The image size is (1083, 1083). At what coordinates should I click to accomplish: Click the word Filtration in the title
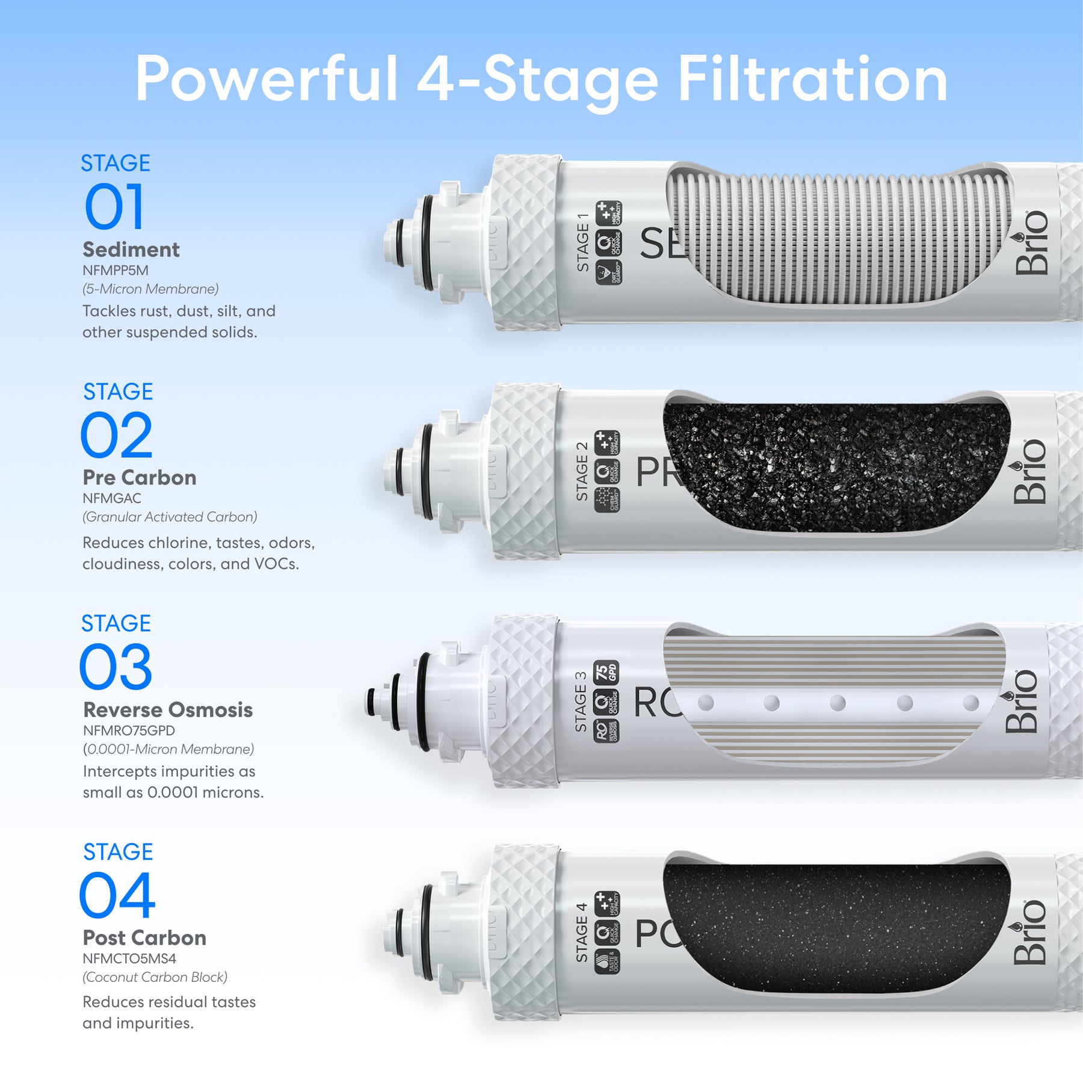[812, 79]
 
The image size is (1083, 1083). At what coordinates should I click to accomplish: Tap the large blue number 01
[114, 208]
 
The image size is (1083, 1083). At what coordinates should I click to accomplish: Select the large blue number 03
[116, 667]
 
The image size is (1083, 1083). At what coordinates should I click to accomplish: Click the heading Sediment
[131, 250]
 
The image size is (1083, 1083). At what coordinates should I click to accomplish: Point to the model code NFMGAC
[112, 498]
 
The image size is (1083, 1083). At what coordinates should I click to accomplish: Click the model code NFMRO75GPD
[129, 730]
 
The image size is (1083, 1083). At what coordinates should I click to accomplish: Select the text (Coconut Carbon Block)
[155, 977]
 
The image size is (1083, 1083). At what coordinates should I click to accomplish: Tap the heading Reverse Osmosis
[168, 710]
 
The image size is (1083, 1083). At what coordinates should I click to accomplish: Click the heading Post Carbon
[144, 938]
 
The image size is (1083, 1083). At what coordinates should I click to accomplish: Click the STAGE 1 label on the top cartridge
[582, 242]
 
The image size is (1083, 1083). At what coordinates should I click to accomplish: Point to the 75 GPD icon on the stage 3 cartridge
[606, 673]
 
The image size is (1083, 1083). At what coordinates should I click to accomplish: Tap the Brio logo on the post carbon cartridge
[1030, 932]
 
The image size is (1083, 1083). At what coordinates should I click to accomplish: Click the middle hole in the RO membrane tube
[838, 703]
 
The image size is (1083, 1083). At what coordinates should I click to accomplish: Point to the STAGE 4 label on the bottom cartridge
[581, 932]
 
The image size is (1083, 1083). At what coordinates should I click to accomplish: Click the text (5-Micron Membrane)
[150, 289]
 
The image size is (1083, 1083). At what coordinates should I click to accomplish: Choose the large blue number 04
[117, 896]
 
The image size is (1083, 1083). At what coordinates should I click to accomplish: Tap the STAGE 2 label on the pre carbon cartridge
[582, 472]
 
